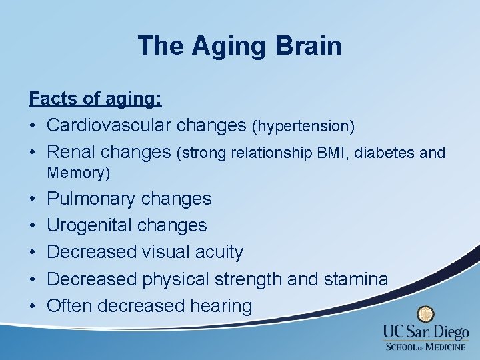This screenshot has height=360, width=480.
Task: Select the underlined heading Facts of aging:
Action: (x=95, y=99)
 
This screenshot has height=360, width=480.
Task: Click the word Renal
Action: (x=74, y=152)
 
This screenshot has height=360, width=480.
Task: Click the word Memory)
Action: (x=78, y=173)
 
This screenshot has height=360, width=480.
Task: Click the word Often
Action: (x=69, y=306)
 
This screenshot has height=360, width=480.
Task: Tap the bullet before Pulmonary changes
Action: (x=33, y=199)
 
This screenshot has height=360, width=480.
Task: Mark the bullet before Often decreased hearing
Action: (x=33, y=306)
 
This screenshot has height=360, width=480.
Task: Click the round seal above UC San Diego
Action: (x=425, y=314)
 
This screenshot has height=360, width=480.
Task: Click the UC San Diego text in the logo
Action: (x=425, y=332)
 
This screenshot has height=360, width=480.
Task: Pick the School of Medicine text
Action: (x=425, y=346)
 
